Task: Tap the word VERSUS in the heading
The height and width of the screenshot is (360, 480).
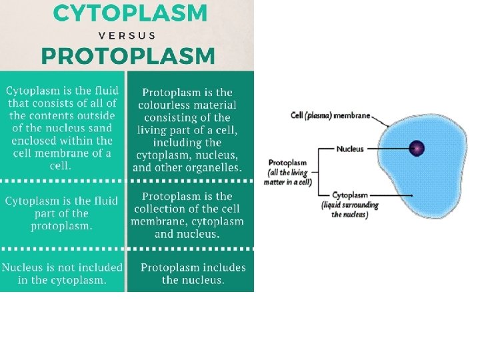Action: point(127,35)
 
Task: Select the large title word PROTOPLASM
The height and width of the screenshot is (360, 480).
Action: point(128,56)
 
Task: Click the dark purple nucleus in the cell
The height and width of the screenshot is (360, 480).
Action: point(417,148)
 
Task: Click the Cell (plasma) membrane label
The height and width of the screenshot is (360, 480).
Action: point(331,115)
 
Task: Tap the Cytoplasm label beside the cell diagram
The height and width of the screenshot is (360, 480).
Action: point(351,195)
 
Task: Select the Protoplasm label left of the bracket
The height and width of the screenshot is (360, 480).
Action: point(287,162)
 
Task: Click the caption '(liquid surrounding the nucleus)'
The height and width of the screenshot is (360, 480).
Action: point(350,210)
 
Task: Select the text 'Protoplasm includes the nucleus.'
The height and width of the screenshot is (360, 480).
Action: point(193,274)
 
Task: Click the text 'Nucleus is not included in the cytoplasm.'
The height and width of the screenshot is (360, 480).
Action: point(62,274)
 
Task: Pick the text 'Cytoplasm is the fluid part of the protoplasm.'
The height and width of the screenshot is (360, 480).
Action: point(61,213)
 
